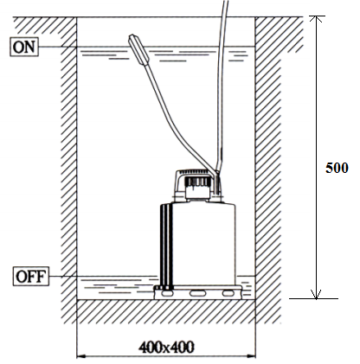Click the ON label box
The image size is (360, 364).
(24, 47)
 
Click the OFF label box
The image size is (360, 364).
(30, 277)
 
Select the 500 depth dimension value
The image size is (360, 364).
(337, 168)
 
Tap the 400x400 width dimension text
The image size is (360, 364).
(166, 348)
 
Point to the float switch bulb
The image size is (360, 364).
(138, 50)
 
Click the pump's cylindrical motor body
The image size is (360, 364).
(203, 245)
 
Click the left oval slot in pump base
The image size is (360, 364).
(167, 293)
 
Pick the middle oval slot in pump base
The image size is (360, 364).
(198, 293)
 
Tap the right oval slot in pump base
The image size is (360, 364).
(228, 293)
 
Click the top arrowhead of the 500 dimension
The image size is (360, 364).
(317, 19)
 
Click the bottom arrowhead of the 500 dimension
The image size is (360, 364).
(317, 295)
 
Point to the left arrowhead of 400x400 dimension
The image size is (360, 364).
(81, 356)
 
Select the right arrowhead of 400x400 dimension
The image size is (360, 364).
(251, 356)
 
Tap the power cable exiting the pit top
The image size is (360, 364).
(222, 86)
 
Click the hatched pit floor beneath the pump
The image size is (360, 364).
(166, 311)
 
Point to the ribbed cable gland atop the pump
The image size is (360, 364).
(196, 182)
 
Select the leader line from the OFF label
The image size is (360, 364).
(103, 277)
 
